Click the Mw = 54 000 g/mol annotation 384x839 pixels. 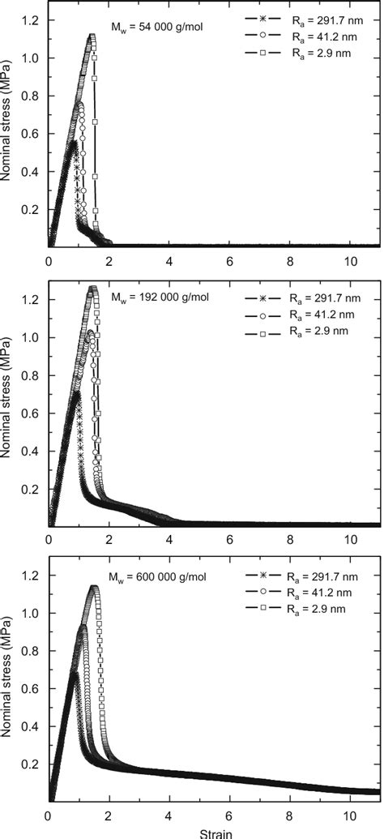coord(156,27)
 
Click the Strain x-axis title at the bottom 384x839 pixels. coord(214,831)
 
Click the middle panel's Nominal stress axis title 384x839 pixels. coord(7,403)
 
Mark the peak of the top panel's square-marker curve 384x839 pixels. coord(92,36)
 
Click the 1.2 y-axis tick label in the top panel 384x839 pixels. coord(30,19)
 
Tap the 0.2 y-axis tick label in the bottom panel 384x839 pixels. coord(30,764)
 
